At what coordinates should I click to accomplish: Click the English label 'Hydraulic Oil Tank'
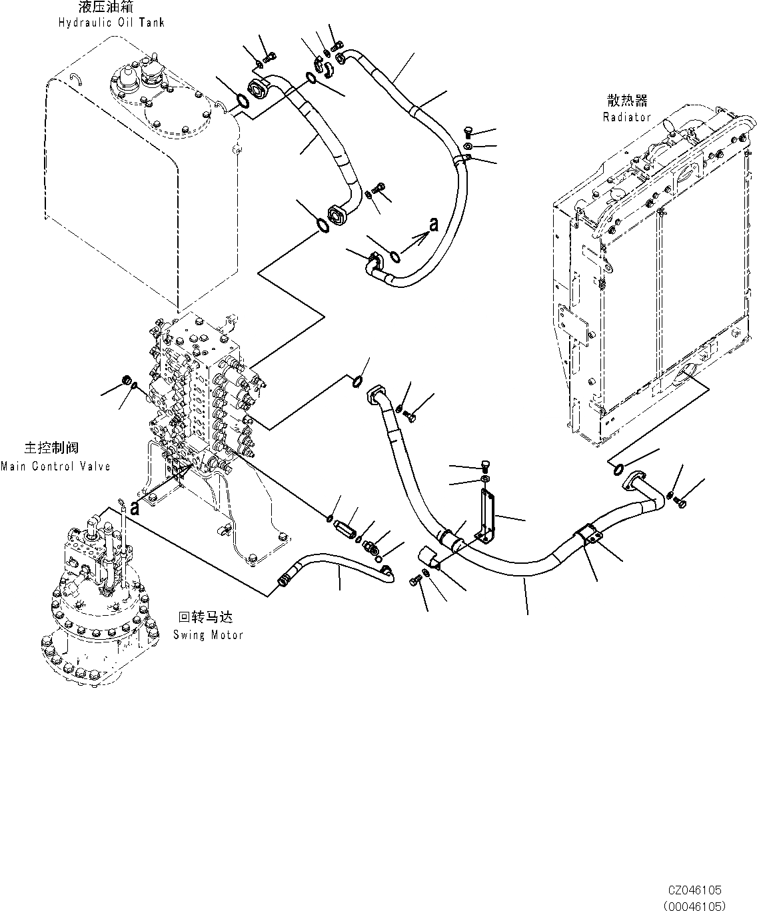pos(111,23)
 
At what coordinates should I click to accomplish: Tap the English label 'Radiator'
pos(626,117)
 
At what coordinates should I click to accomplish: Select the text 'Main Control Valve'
pos(55,466)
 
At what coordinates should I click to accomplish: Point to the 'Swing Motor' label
pos(208,635)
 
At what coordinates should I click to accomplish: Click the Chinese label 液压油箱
pos(111,9)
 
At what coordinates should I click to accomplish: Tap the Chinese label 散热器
pos(626,101)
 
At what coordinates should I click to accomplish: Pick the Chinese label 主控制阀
pos(56,449)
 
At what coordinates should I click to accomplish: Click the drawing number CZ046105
pos(696,890)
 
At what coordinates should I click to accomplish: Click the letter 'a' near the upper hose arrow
pos(434,226)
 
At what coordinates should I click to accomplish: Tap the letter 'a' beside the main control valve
pos(135,508)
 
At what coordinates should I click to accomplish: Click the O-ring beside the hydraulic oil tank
pos(243,101)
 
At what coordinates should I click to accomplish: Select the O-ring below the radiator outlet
pos(616,469)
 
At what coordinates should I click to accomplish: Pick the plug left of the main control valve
pos(123,381)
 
